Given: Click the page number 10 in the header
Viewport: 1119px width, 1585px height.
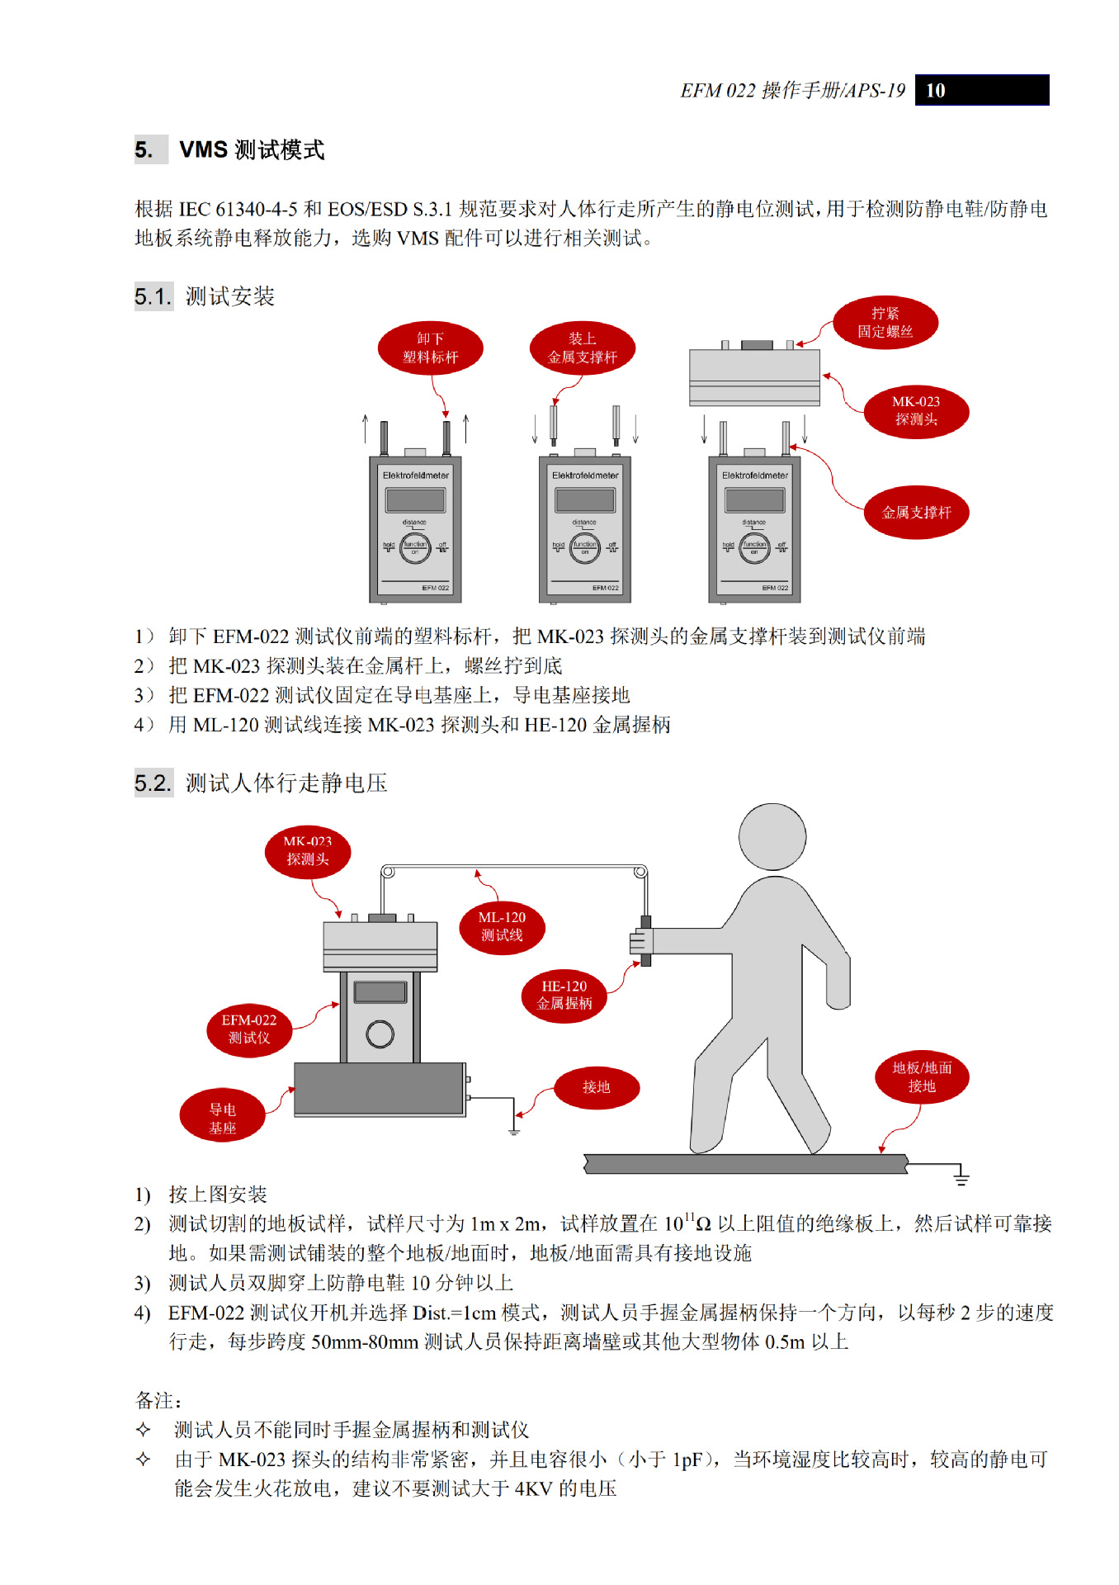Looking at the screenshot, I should point(935,91).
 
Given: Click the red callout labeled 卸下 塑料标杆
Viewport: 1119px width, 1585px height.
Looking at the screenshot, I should point(430,348).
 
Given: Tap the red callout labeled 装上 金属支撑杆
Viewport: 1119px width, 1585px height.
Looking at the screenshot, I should point(582,348).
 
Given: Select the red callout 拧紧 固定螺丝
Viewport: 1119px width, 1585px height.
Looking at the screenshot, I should point(885,323).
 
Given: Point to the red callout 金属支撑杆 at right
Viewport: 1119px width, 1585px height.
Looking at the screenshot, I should point(916,513).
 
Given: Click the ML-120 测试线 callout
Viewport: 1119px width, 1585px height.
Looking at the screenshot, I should point(502,927).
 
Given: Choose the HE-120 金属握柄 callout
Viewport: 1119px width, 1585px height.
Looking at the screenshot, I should point(564,996).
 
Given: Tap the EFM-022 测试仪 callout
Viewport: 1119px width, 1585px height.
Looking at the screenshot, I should point(249,1029).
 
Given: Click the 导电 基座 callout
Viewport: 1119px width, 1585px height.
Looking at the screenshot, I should point(222,1119).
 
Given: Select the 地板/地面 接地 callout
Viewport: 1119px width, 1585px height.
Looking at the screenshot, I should point(922,1077).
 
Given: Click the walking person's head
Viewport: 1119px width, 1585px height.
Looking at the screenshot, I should point(772,836).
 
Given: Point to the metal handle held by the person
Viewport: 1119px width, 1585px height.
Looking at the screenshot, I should point(645,941).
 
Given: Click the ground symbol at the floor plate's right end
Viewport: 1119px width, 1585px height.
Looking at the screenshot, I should point(961,1177).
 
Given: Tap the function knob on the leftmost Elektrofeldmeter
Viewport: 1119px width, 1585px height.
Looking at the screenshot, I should point(415,546).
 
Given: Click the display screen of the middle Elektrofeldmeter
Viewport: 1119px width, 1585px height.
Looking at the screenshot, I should point(585,499).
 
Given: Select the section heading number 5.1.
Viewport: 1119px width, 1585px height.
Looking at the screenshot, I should point(153,296).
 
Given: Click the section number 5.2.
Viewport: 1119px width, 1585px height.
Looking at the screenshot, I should point(153,783).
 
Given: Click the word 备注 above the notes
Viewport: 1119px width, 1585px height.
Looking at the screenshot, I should point(157,1400).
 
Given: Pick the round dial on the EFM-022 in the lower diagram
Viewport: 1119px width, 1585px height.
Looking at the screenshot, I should point(380,1034).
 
